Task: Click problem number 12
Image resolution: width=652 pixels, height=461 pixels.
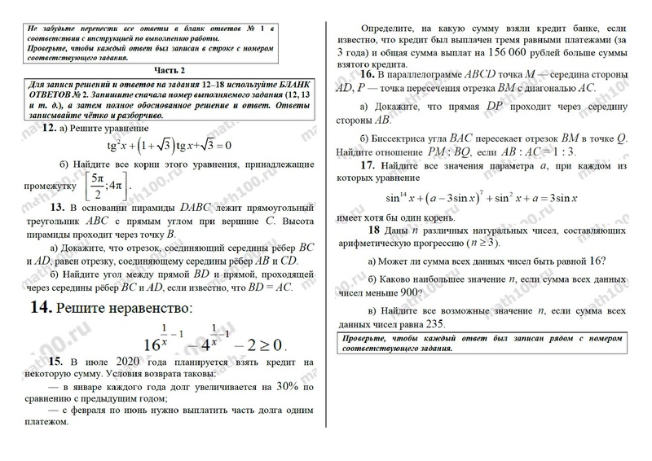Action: click(x=49, y=129)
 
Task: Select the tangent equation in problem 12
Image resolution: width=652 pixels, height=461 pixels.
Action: click(x=170, y=146)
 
